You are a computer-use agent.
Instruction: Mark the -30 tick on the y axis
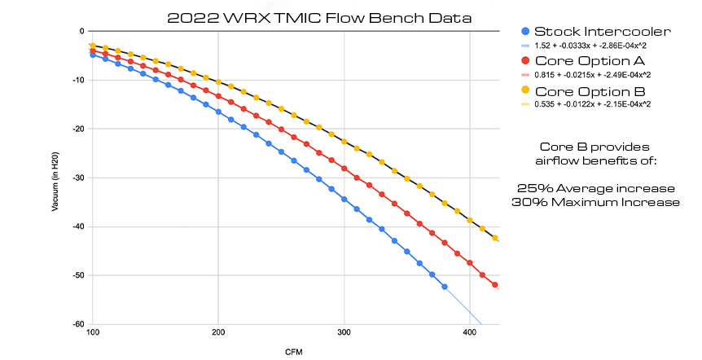78,178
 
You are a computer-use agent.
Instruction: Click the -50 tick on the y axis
78,275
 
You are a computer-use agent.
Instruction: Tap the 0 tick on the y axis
82,31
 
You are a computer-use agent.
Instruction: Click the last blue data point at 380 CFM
445,287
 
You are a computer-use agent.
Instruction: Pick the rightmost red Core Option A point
495,285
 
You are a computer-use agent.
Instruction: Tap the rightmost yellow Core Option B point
495,238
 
